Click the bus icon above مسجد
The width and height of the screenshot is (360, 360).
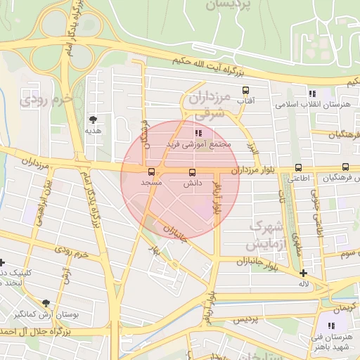[x=151, y=172]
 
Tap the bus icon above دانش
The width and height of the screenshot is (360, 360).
[x=192, y=172]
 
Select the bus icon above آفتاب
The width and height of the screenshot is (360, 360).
[x=245, y=91]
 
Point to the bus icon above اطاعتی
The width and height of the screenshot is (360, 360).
[x=299, y=167]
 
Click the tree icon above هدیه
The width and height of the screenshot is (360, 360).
[x=94, y=120]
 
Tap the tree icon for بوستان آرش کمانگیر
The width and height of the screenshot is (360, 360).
[x=46, y=303]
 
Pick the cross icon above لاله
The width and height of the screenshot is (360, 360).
[x=303, y=274]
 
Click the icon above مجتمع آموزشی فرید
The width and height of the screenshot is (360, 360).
[x=199, y=132]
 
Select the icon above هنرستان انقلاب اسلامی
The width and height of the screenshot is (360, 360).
[x=312, y=94]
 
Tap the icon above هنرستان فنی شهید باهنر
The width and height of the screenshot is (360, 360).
[x=331, y=326]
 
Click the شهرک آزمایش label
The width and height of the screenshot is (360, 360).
[x=265, y=236]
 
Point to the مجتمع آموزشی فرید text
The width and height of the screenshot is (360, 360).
[x=199, y=144]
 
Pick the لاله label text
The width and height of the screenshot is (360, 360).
[x=304, y=284]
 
